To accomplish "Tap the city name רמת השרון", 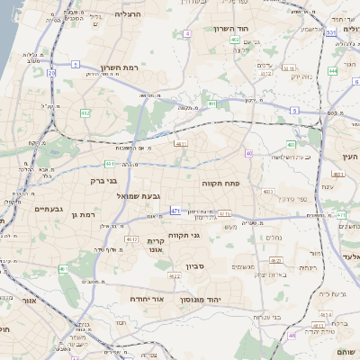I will coord(142,67).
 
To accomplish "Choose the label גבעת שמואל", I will coord(139,195).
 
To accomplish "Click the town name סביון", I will coord(196,267).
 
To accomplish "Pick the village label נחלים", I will coord(274,238).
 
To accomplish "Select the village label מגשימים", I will coord(245,266).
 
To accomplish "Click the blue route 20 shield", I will coord(51,72).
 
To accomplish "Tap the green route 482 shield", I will coord(85,113).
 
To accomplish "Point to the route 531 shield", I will coord(332,32).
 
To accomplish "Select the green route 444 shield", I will coord(333,70).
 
